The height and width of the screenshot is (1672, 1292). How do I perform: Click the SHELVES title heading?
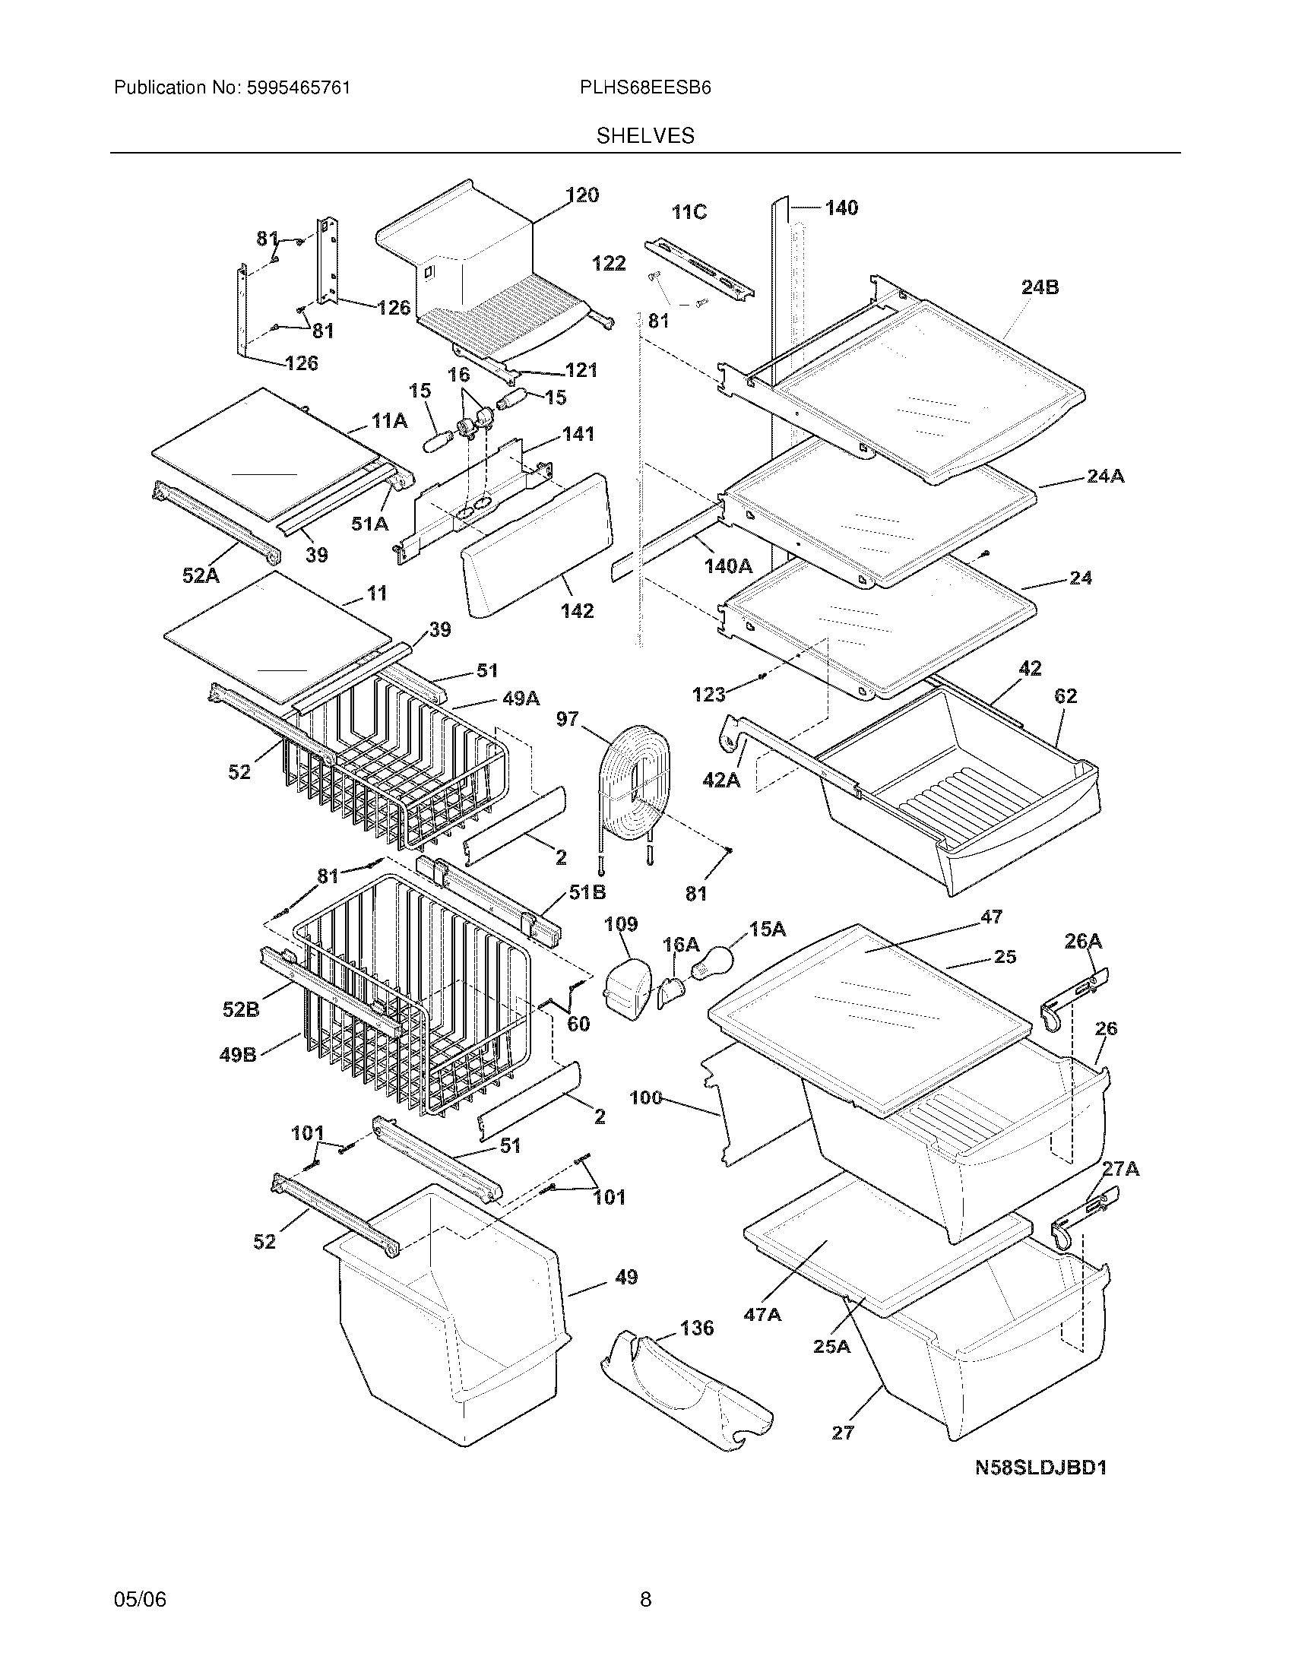pos(645,136)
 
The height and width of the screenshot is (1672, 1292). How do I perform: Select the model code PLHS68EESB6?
pos(645,88)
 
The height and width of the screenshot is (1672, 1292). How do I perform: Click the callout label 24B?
pos(1040,287)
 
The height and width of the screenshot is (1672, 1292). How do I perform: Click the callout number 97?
pos(567,718)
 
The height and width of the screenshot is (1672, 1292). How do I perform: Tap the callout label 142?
pos(576,610)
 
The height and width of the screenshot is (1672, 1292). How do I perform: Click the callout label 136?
pos(695,1327)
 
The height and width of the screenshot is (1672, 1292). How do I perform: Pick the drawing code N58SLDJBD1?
pos(1041,1468)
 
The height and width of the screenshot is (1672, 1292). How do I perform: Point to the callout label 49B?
pos(238,1054)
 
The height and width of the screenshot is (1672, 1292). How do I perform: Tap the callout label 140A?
pos(728,565)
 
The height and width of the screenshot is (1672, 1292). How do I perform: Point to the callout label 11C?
pos(689,212)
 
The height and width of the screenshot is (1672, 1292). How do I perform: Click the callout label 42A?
pos(721,780)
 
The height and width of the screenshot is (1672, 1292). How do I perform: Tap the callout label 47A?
pos(762,1314)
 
